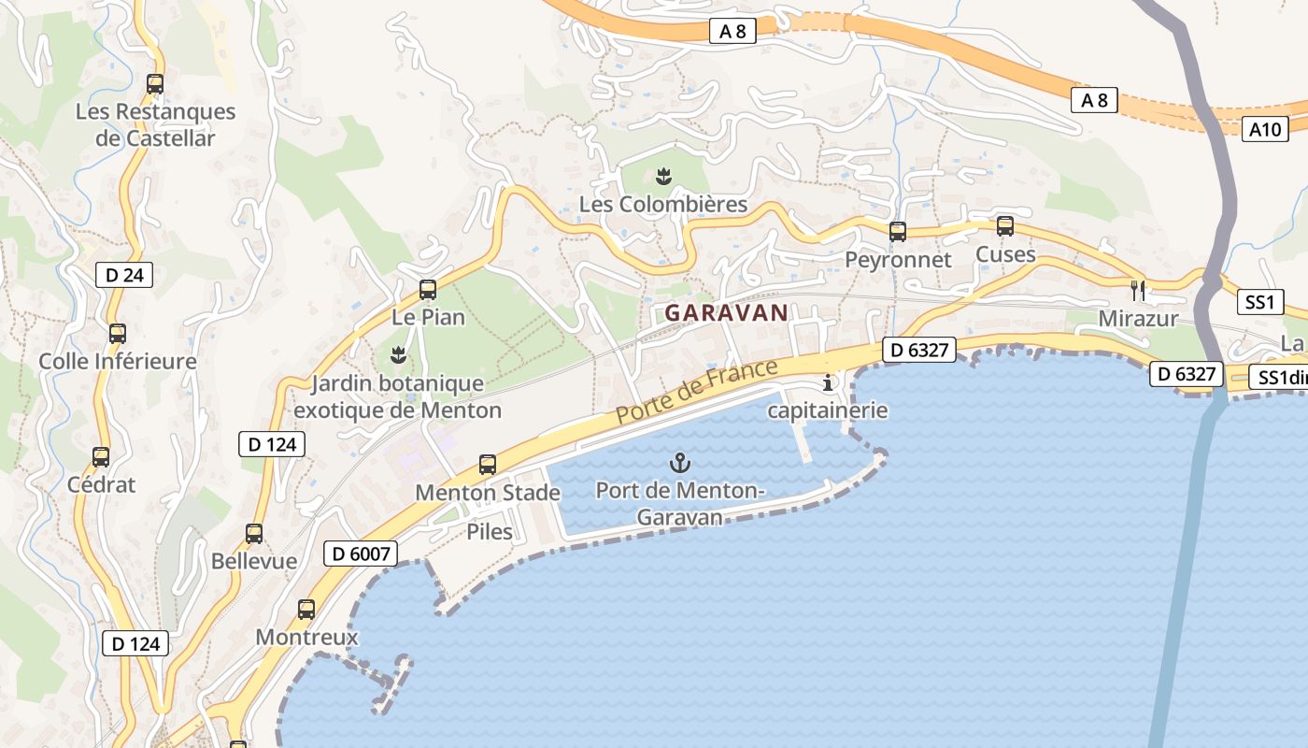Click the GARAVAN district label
point(726,313)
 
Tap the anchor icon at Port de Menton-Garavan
point(680,462)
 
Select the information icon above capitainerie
point(827,382)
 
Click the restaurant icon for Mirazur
point(1137,290)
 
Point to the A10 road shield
point(1266,129)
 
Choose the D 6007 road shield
point(361,554)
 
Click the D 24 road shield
point(124,275)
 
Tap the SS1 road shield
point(1259,302)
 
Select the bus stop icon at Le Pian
point(428,289)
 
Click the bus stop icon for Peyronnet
point(898,231)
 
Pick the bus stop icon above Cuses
point(1005,225)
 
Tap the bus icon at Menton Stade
point(488,464)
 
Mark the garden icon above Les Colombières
point(663,175)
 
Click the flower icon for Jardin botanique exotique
point(398,354)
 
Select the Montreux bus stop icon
point(306,610)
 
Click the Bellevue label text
point(254,561)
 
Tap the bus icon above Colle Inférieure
point(118,333)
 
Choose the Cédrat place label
point(101,484)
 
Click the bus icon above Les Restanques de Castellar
point(155,83)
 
